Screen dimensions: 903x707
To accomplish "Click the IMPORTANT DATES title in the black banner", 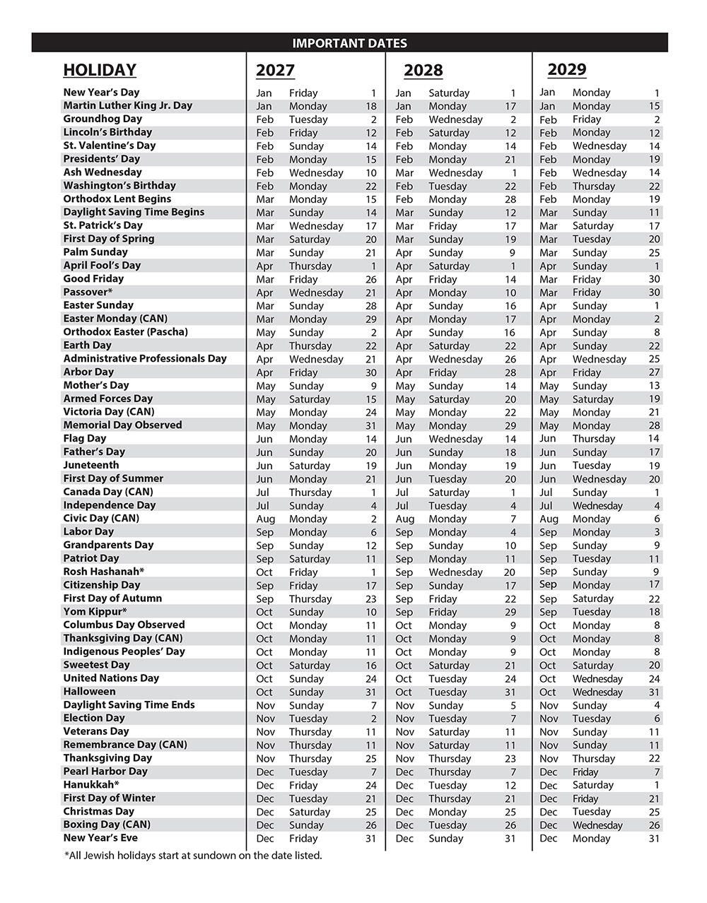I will point(349,43).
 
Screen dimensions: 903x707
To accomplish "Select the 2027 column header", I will point(275,71).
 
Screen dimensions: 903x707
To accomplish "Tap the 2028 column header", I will point(423,71).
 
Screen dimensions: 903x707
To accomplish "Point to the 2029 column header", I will point(566,69).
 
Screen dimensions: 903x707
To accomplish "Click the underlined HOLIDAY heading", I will point(100,70).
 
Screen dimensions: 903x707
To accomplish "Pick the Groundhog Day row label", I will point(103,119).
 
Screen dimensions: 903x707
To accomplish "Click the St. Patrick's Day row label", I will point(103,225).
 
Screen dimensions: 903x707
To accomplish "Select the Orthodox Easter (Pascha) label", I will point(125,331).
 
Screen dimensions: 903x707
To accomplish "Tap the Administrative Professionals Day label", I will point(145,358).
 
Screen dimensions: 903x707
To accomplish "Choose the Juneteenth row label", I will point(91,465).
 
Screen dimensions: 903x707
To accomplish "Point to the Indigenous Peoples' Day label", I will point(124,651).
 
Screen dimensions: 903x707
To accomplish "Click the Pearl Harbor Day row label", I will point(105,771).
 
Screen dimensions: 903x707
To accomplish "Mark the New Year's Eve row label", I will point(100,837).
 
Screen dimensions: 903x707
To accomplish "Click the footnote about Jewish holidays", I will point(192,856).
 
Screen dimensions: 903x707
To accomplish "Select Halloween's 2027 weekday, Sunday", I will point(306,692).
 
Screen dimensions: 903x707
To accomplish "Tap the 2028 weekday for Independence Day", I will point(448,506).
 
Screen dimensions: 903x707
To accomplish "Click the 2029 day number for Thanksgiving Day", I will point(654,759).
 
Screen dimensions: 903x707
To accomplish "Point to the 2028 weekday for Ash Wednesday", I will point(455,173).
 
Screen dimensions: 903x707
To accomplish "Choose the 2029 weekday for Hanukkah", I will point(592,785).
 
